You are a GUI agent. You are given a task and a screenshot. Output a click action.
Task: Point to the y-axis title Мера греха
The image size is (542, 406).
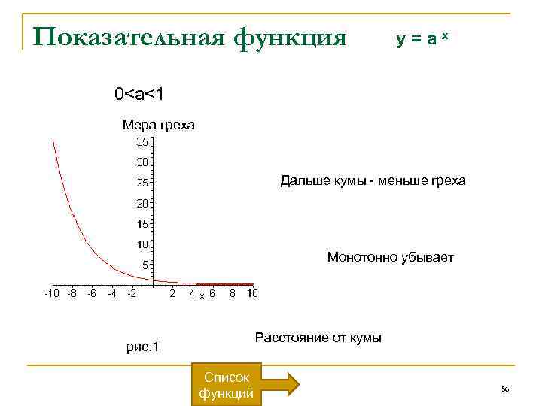[158, 125]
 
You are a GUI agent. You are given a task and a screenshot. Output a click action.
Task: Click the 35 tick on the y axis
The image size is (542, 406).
[142, 141]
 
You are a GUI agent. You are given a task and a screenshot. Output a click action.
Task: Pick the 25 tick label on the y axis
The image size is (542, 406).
[142, 183]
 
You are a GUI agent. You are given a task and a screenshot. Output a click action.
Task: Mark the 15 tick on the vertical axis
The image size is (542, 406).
[142, 224]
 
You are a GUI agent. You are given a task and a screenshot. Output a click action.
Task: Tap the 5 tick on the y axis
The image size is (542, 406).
[145, 265]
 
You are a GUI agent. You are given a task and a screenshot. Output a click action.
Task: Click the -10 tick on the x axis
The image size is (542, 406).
[50, 293]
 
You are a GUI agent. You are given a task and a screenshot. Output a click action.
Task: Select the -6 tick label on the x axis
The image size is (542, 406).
[91, 293]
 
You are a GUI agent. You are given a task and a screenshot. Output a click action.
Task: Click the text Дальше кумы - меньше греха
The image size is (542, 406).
[373, 180]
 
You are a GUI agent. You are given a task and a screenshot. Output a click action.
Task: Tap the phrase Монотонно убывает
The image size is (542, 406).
[391, 257]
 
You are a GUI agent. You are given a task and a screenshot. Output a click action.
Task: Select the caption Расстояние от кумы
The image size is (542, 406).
[318, 338]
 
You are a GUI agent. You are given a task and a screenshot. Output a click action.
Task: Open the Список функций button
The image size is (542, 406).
[226, 384]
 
